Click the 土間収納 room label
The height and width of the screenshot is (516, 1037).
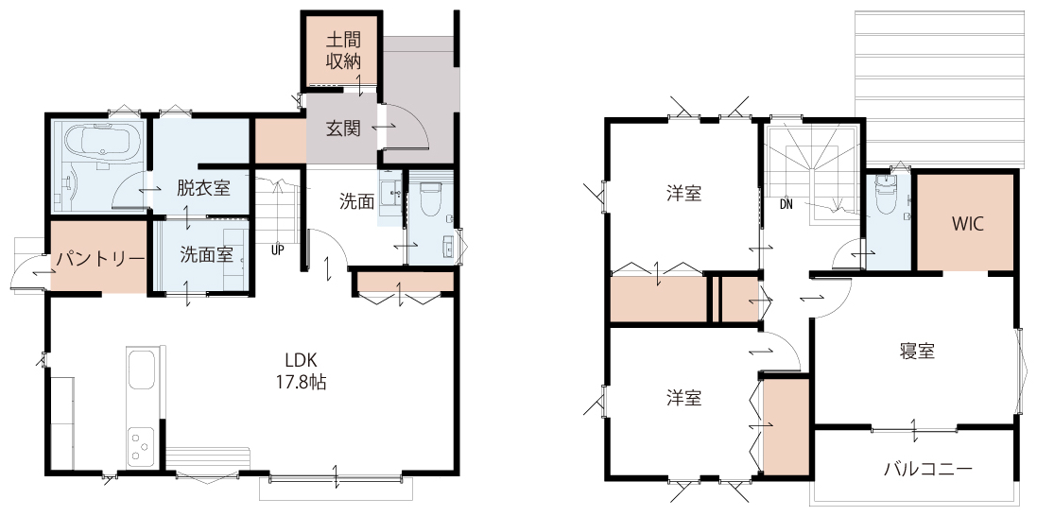(x=342, y=49)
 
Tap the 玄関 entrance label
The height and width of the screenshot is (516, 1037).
(x=342, y=128)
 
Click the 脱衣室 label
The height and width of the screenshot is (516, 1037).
(x=203, y=188)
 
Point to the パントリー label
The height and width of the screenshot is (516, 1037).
(x=100, y=258)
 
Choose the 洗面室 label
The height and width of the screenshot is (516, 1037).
(x=207, y=255)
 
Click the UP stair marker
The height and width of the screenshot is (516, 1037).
(x=277, y=250)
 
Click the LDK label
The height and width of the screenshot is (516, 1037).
(x=302, y=361)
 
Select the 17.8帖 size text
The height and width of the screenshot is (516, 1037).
(x=302, y=382)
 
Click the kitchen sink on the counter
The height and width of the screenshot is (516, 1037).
(x=142, y=370)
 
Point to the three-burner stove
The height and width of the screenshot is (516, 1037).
(x=142, y=443)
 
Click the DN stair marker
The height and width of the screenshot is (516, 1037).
(x=786, y=204)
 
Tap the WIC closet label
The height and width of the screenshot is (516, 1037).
(x=968, y=224)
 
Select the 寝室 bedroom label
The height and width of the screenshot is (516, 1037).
(x=917, y=352)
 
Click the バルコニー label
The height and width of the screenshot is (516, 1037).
(x=928, y=470)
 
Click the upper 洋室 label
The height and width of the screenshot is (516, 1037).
(x=683, y=194)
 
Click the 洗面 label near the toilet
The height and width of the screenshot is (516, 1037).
(x=357, y=201)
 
